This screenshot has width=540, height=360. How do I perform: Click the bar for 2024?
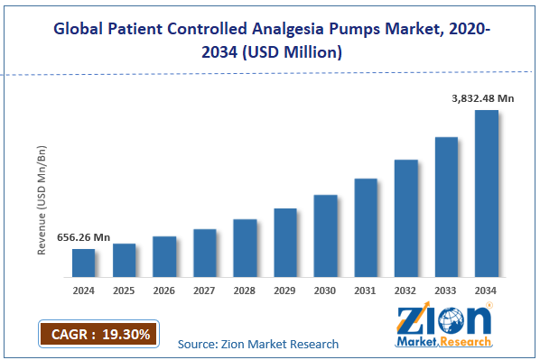tap(84, 263)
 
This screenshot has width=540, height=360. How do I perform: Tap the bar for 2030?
tap(325, 235)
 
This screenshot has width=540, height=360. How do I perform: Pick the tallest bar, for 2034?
tap(486, 193)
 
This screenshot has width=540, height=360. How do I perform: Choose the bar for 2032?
tap(405, 217)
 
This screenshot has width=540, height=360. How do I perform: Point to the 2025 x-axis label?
tap(125, 291)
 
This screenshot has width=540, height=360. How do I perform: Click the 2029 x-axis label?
tap(285, 291)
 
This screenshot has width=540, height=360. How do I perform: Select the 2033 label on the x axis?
tap(446, 291)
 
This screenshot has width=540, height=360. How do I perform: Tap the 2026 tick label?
tap(164, 291)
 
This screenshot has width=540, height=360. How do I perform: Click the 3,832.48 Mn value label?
tap(484, 98)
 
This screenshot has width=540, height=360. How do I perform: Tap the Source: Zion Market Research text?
tap(258, 344)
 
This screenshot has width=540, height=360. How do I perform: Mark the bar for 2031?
tap(366, 227)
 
